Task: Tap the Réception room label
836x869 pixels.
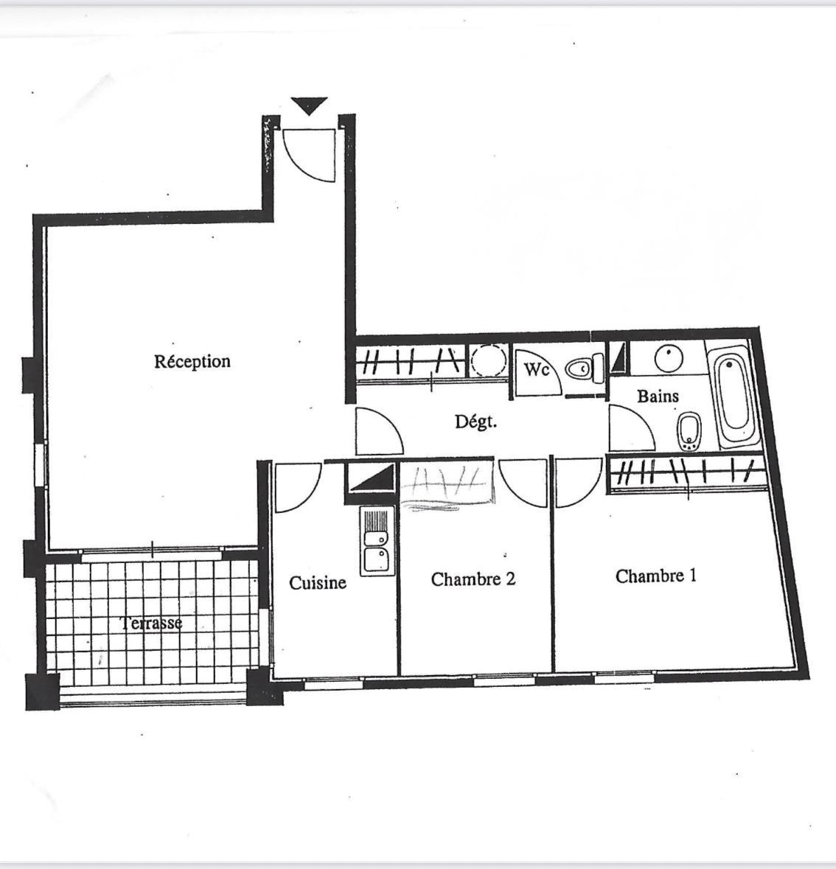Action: tap(192, 361)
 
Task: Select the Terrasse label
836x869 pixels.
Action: tap(151, 623)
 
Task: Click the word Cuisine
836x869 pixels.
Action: tap(318, 582)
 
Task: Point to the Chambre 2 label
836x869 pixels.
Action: tap(473, 579)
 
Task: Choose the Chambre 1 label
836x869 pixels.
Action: tap(656, 576)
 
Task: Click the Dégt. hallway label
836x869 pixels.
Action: tap(476, 422)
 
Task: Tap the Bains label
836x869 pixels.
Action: tap(658, 396)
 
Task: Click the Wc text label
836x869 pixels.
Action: tap(536, 369)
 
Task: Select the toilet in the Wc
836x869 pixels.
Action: tap(584, 368)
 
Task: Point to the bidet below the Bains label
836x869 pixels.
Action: tap(690, 431)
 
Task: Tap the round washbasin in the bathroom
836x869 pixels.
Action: tap(669, 358)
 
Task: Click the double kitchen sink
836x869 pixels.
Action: tap(377, 540)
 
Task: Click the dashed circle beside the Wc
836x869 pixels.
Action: tap(489, 360)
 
